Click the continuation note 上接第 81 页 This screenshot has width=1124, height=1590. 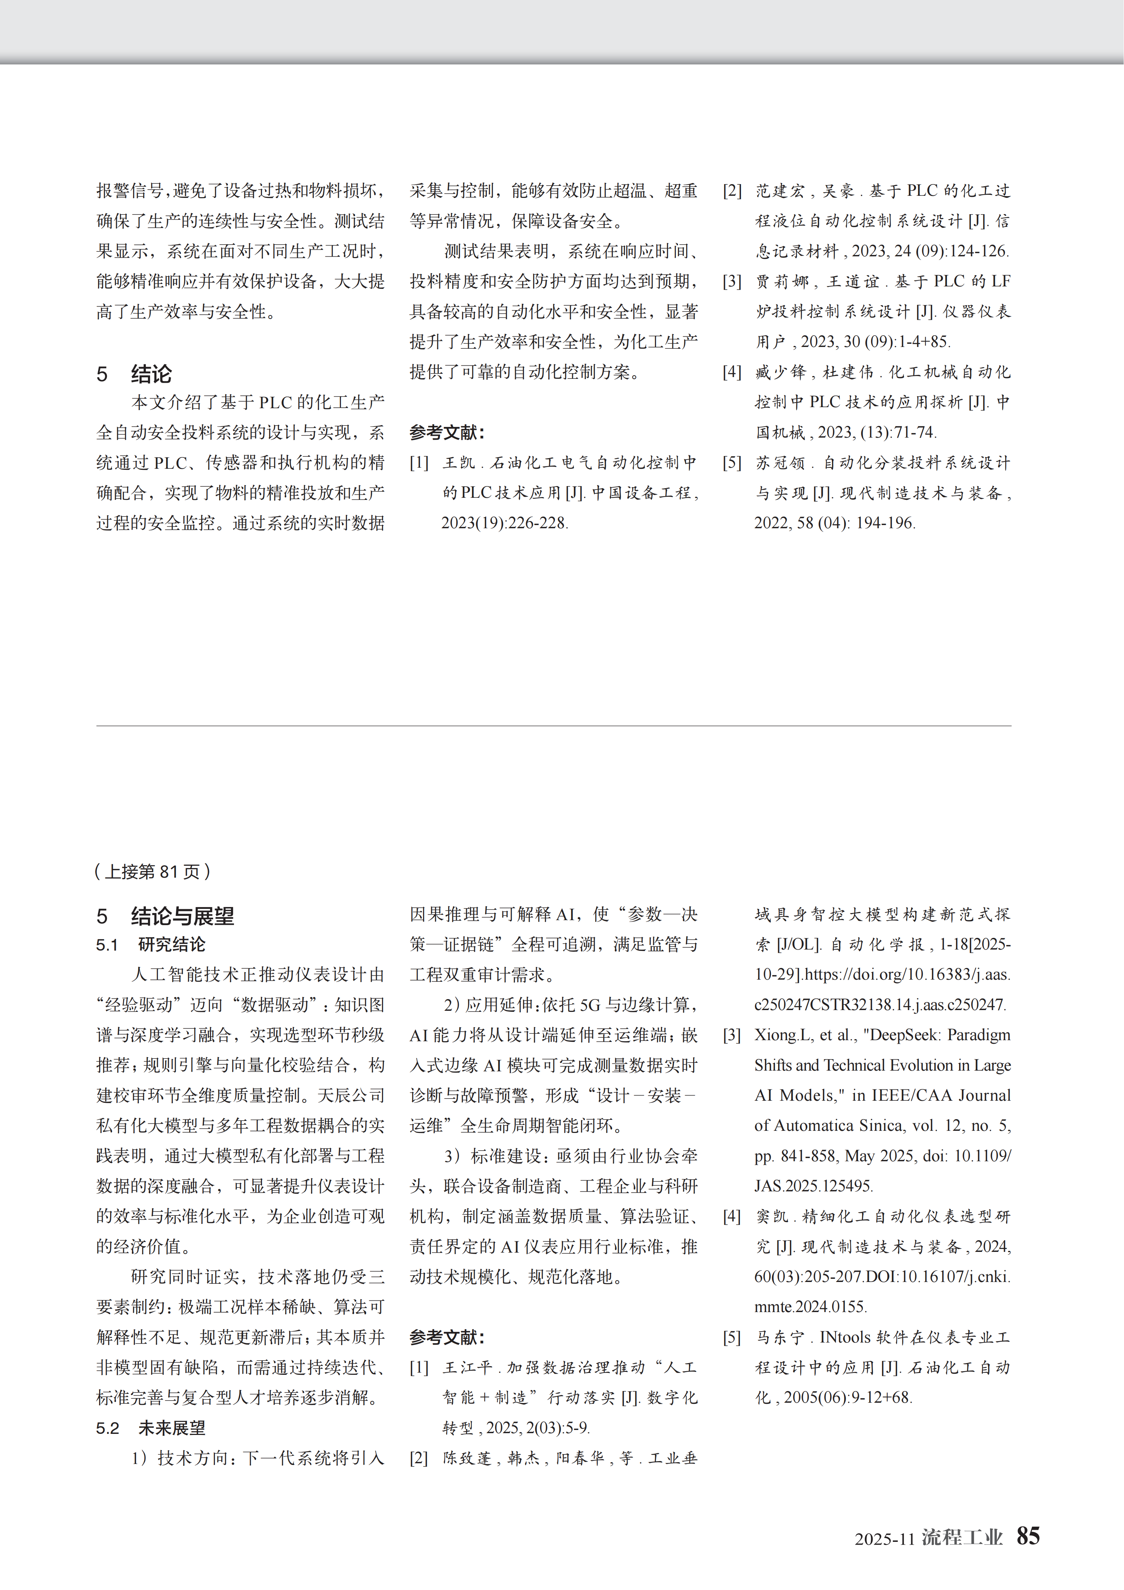(152, 871)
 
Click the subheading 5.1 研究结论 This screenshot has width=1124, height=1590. (151, 945)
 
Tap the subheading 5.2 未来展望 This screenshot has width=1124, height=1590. (151, 1428)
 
